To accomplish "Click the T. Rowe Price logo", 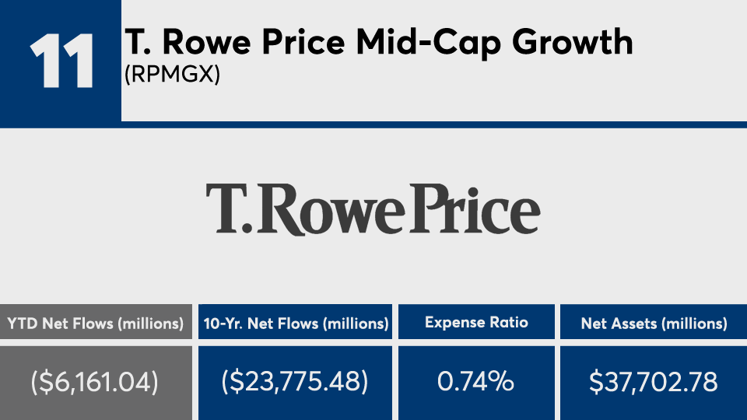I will pos(373,208).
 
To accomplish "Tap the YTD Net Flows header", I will pos(96,324).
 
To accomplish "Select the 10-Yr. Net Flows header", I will pos(295,324).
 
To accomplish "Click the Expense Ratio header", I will pos(476,324).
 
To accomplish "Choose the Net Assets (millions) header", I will pos(654,324).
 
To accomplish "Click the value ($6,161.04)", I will pos(96,381).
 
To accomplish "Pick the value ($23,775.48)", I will pos(295,381).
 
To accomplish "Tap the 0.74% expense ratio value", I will pos(476,381).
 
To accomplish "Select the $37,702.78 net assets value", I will pos(654,381).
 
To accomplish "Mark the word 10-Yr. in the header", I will pos(224,324).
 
